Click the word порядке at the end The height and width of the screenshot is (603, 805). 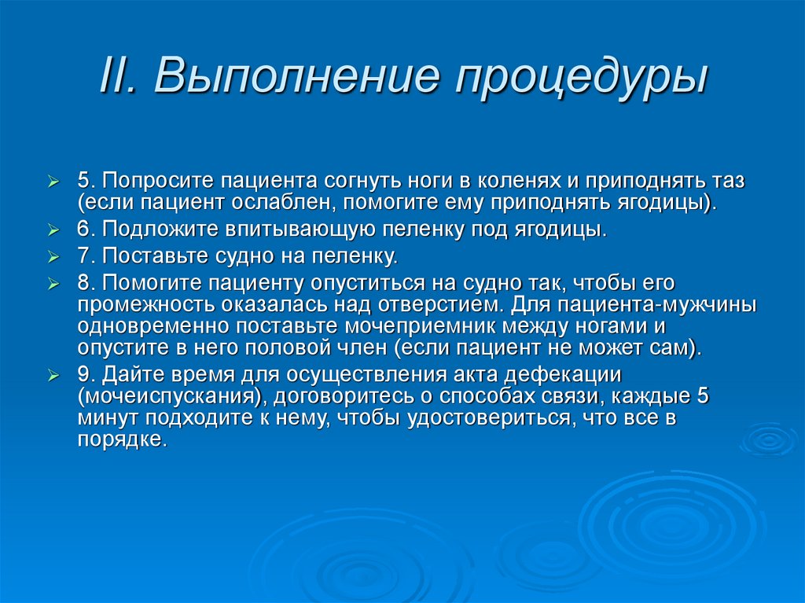pyautogui.click(x=123, y=440)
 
